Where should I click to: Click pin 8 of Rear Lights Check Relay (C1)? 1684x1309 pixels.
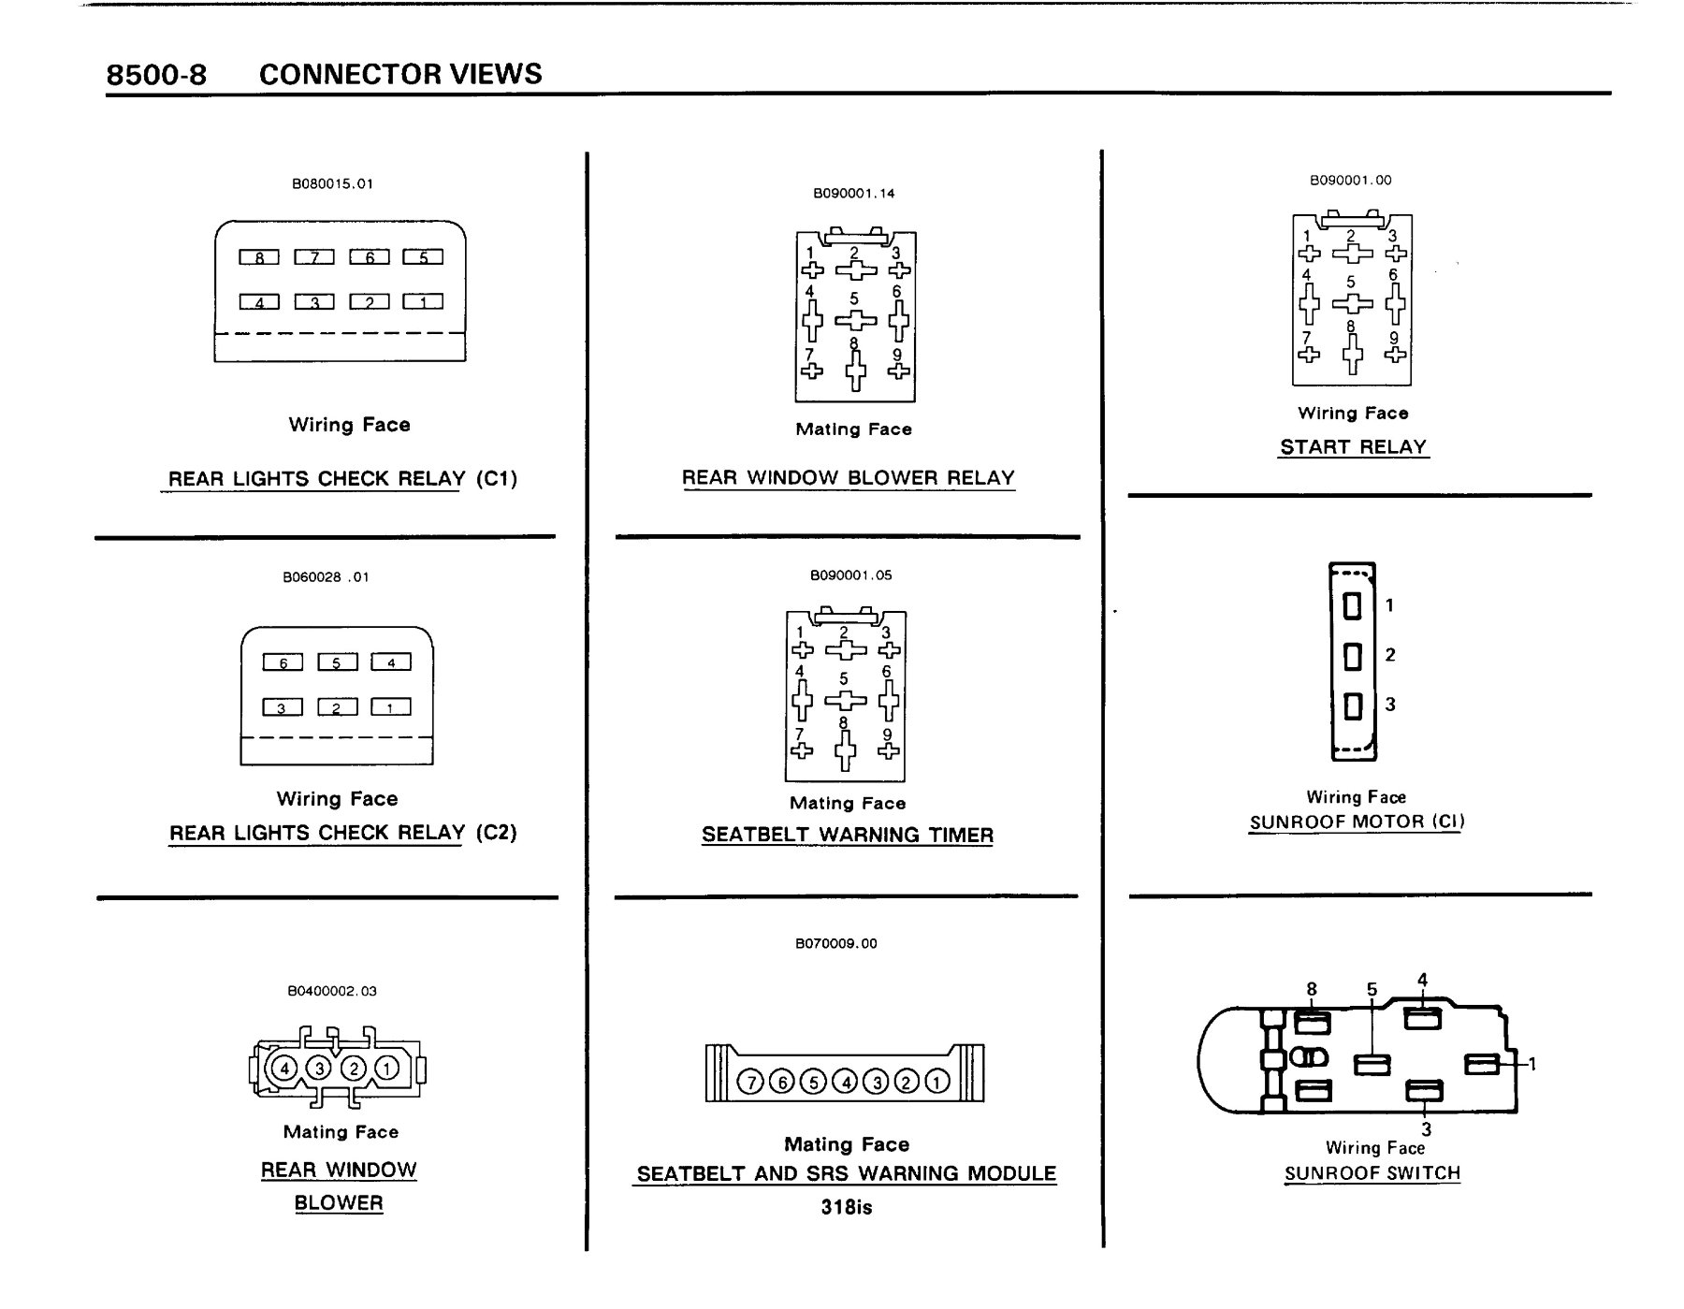(259, 257)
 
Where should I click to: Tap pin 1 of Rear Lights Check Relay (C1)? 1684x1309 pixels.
(423, 301)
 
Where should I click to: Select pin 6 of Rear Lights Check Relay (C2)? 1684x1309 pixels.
(283, 662)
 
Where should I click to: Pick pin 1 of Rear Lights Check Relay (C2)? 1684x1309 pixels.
(391, 707)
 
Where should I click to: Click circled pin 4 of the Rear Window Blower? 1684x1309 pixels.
(284, 1068)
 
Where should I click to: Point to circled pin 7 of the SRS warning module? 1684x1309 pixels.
(750, 1082)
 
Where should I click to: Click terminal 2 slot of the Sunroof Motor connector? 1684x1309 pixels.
(1352, 656)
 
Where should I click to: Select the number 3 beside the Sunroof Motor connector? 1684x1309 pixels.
(1390, 705)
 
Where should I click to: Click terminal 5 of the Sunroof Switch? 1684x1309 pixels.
(1372, 1064)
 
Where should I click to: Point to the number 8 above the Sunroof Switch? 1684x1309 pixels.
(1312, 989)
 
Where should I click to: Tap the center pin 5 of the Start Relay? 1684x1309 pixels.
(1352, 303)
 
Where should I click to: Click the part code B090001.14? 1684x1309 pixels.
(854, 194)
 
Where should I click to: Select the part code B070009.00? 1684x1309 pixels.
(836, 943)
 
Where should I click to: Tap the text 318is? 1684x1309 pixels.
(847, 1207)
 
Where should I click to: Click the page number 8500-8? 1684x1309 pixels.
(156, 75)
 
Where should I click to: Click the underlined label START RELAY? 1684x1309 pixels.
(1354, 447)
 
